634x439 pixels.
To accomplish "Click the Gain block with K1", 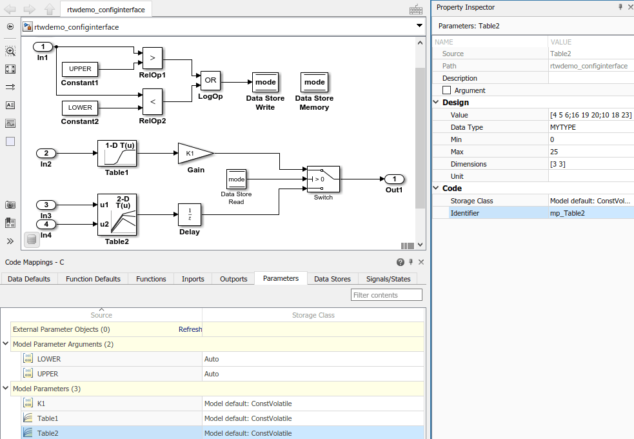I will tap(194, 154).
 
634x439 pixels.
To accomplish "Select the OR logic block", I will tap(210, 81).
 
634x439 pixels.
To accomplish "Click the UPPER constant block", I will tap(80, 69).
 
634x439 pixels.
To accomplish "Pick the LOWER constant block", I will tap(80, 108).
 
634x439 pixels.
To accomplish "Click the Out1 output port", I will tap(394, 179).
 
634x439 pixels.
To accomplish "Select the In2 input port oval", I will tap(46, 154).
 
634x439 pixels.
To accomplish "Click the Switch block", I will tap(323, 179).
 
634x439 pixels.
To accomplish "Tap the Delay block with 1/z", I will tap(190, 214).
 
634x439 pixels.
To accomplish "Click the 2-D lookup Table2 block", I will tap(117, 215).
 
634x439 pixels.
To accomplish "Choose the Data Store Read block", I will tap(236, 179).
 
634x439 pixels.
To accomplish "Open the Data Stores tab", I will tap(332, 279).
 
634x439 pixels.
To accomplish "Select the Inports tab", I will tap(193, 279).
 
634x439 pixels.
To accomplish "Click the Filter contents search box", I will tap(386, 295).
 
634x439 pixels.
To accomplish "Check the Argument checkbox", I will tap(446, 90).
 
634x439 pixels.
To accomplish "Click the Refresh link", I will tap(190, 329).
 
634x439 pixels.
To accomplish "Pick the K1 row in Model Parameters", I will tap(41, 403).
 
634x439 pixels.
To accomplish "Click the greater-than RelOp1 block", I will tap(152, 57).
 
